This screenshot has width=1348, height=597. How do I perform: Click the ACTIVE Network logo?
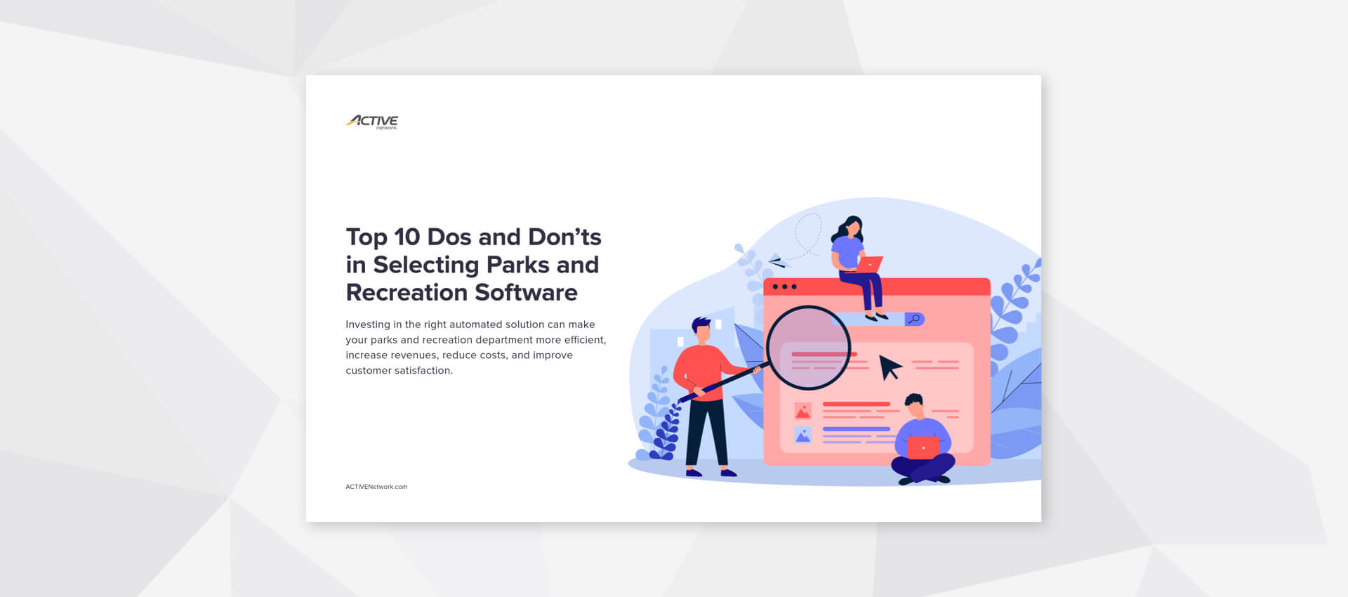pos(372,122)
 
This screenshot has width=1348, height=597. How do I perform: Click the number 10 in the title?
pos(407,237)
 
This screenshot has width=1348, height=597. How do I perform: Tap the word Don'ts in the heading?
pos(564,237)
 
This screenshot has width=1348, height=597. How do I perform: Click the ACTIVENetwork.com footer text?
pos(376,487)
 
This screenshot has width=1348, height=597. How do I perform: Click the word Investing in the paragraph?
pos(367,324)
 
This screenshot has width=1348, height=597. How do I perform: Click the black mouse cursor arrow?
pos(890,367)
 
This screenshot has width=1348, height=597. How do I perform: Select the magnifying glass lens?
pos(808,347)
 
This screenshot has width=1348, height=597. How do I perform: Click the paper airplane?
pos(777,261)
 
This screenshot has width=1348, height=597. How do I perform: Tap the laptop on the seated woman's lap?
pos(869,264)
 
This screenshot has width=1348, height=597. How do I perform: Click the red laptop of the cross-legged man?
pos(923,447)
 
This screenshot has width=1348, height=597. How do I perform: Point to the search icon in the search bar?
pos(914,320)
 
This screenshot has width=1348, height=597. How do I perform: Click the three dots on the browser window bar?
pos(784,287)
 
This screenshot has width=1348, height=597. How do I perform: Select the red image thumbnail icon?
pos(802,411)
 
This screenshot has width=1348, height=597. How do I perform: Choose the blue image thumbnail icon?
pos(802,435)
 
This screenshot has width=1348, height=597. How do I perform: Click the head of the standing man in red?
pos(701,329)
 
